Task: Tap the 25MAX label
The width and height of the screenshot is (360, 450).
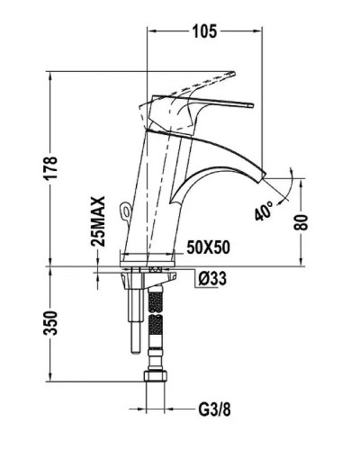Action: coord(99,221)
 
